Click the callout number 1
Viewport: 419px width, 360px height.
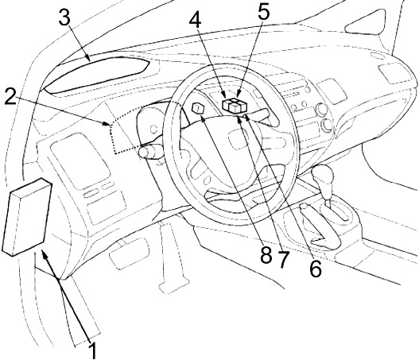tap(92, 350)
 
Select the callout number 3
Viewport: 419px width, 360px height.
tap(64, 18)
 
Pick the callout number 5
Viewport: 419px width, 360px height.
tap(263, 12)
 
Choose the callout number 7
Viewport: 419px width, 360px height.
tap(284, 259)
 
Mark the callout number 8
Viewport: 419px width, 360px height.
tap(266, 254)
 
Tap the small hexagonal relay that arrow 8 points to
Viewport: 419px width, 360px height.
tap(198, 108)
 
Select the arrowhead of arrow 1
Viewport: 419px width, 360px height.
tap(44, 254)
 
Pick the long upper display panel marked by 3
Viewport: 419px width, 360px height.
tap(96, 75)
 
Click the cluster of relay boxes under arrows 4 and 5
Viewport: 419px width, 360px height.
tap(235, 106)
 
